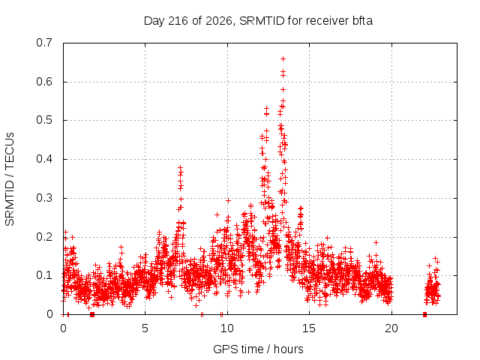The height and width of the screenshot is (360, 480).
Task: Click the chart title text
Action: coord(258,21)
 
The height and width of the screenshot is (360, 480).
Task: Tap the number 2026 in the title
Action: coord(219,21)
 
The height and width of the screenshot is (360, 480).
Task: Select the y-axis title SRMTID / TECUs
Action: coord(10,179)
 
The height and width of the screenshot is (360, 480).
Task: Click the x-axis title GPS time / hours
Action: coord(258,349)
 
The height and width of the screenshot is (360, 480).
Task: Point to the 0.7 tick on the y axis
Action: coord(44,43)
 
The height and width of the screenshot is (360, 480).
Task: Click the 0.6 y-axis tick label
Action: coord(44,82)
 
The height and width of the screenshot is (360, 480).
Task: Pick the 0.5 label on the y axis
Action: coord(44,120)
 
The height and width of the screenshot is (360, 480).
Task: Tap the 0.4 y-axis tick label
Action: coord(44,159)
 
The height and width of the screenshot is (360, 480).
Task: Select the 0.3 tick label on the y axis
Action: coord(44,198)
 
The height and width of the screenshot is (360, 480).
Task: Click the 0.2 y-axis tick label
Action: coord(44,237)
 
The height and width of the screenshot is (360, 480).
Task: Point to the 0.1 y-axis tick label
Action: coord(44,275)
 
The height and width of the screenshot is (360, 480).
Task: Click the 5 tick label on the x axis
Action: coord(145,328)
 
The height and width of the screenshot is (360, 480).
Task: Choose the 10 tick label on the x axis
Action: coord(227,328)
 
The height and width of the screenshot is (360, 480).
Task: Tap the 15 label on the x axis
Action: coord(309,328)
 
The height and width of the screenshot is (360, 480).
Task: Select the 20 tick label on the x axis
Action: coord(391,328)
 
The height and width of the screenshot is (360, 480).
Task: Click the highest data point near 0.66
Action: coord(283,58)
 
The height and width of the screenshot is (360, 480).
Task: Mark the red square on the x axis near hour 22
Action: coord(424,314)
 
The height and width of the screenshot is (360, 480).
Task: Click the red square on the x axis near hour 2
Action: coord(92,314)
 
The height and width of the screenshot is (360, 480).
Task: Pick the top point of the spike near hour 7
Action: coord(180,167)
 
